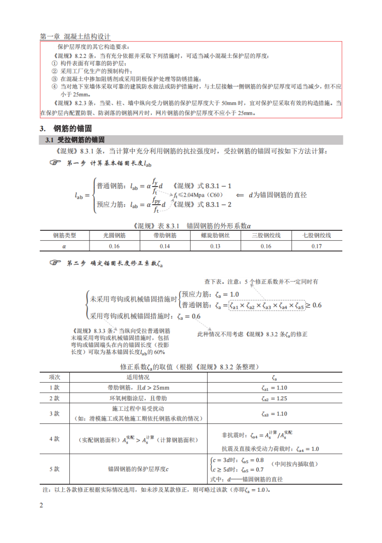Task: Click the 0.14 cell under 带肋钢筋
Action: pos(164,246)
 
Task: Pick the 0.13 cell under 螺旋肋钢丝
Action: pos(215,246)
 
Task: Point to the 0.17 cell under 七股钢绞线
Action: pos(317,246)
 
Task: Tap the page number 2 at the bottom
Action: pos(42,504)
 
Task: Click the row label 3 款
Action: pos(55,413)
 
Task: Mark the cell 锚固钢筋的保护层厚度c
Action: pos(138,469)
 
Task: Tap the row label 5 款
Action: pos(55,469)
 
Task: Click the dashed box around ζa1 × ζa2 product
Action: pos(266,305)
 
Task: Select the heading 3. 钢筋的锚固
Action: pos(66,128)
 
